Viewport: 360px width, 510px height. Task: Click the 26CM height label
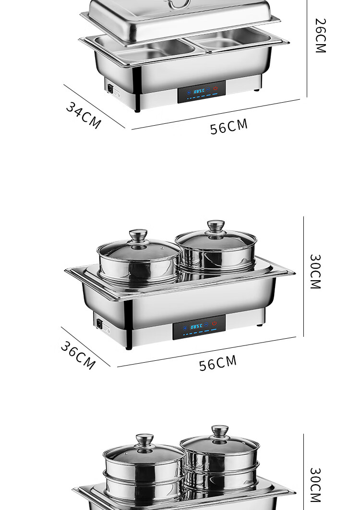tap(321, 36)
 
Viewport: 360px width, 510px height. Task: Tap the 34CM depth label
tap(84, 116)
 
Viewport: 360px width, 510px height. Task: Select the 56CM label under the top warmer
tap(229, 127)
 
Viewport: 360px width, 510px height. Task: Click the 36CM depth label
tap(78, 355)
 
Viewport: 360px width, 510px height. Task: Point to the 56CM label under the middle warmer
tap(218, 363)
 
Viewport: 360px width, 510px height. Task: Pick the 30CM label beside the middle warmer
tap(315, 272)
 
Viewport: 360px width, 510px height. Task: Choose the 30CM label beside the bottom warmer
tap(315, 485)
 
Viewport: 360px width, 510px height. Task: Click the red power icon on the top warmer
tap(215, 88)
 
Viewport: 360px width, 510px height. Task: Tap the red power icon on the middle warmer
tap(214, 323)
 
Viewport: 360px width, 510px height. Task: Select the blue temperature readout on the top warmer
tap(199, 91)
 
